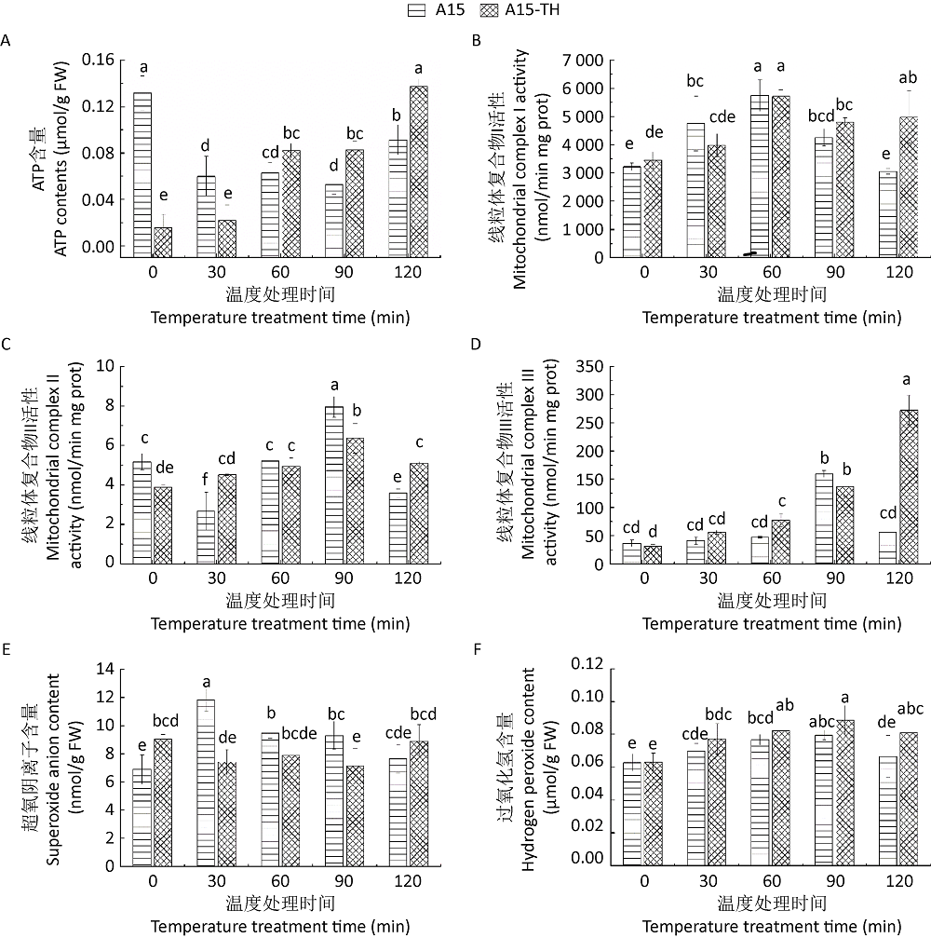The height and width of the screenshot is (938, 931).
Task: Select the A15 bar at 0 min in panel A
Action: tap(142, 173)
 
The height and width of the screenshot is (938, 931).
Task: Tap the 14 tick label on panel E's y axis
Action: tap(103, 669)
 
